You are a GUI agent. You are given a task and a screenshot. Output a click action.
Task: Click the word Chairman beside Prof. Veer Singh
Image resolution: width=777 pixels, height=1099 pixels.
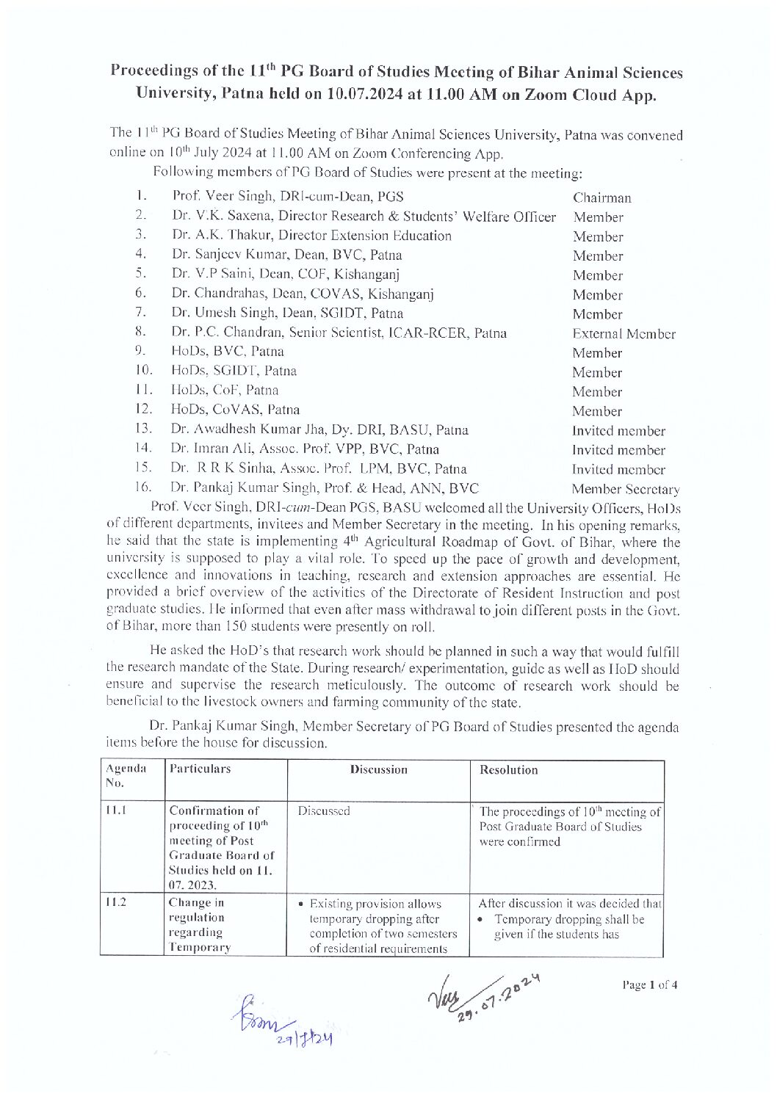click(x=601, y=197)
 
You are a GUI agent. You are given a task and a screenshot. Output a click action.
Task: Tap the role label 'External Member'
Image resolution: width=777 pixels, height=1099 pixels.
click(x=624, y=334)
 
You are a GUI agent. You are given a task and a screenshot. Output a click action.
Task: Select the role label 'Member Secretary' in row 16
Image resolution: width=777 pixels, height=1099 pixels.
click(x=625, y=489)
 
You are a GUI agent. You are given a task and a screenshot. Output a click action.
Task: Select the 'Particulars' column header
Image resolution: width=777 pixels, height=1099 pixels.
click(x=200, y=769)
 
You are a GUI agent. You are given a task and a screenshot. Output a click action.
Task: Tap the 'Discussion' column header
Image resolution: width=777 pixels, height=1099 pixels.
click(x=378, y=769)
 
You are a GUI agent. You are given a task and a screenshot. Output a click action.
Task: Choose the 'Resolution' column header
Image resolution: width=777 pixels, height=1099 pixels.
click(x=508, y=769)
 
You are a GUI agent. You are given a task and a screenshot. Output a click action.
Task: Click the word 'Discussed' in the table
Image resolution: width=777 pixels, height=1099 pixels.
click(x=324, y=810)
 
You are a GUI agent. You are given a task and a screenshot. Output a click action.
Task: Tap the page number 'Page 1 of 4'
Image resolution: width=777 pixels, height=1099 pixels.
click(x=649, y=984)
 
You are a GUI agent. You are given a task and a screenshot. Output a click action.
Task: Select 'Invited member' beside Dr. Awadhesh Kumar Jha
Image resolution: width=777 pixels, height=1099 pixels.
click(x=618, y=431)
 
